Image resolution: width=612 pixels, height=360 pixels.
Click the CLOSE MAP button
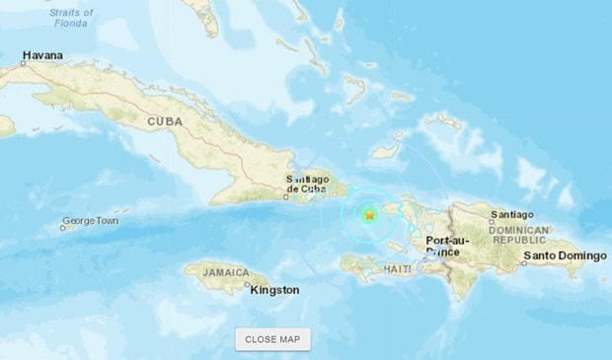pyautogui.click(x=272, y=339)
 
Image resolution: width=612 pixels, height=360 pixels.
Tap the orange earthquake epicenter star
pyautogui.click(x=369, y=214)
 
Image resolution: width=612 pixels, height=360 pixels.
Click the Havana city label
pyautogui.click(x=42, y=55)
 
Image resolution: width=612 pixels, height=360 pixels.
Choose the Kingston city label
pyautogui.click(x=275, y=290)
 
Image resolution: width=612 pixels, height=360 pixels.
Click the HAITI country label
pyautogui.click(x=399, y=268)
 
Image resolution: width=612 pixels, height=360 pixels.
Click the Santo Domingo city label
pyautogui.click(x=565, y=256)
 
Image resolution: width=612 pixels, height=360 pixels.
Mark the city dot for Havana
pyautogui.click(x=24, y=63)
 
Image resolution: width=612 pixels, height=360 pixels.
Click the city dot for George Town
pyautogui.click(x=62, y=228)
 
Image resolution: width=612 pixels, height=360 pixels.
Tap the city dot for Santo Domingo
pyautogui.click(x=524, y=263)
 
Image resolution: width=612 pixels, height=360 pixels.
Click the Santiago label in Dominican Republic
pyautogui.click(x=510, y=215)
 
